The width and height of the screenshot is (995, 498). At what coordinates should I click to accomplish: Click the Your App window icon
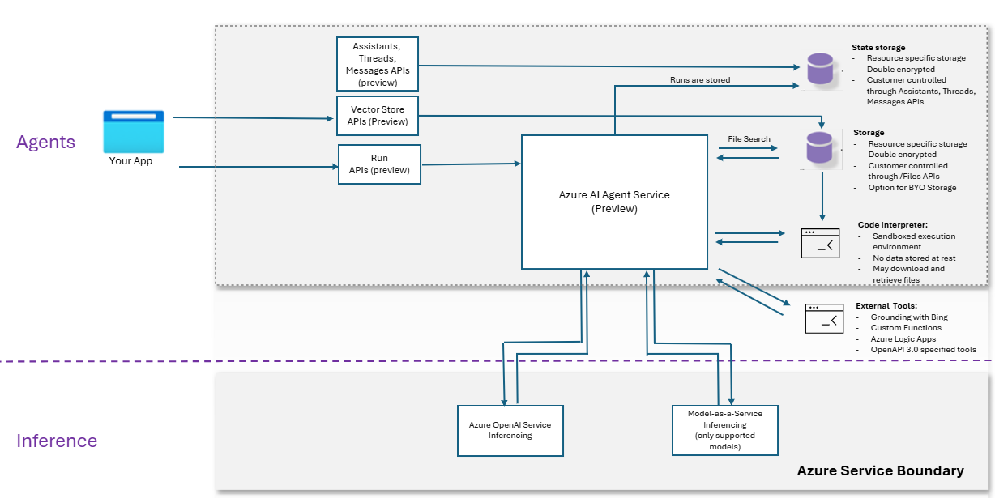click(x=134, y=132)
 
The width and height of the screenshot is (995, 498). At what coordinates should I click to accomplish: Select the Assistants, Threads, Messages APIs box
click(x=378, y=64)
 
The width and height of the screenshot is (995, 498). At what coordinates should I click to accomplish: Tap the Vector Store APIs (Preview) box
click(x=378, y=116)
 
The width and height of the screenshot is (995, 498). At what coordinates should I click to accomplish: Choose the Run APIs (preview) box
click(x=379, y=164)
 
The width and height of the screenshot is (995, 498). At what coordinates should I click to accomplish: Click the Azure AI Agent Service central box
click(x=614, y=202)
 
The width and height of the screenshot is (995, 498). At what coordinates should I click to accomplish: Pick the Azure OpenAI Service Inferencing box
click(x=510, y=430)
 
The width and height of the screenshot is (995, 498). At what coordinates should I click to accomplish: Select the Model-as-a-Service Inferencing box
click(x=724, y=430)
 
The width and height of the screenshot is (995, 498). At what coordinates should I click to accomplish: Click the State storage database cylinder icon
click(x=820, y=69)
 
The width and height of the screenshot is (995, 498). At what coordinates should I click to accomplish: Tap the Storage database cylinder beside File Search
click(x=820, y=148)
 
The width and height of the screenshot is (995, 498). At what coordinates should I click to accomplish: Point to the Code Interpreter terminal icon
click(x=820, y=243)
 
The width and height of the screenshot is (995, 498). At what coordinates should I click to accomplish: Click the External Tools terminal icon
click(x=824, y=318)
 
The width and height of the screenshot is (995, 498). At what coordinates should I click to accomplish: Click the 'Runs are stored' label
click(x=699, y=80)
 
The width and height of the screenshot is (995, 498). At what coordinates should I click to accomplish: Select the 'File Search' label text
click(x=749, y=139)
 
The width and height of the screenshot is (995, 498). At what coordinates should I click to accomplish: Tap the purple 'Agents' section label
click(x=46, y=143)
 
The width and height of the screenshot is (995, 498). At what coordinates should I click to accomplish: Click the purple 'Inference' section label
click(x=57, y=441)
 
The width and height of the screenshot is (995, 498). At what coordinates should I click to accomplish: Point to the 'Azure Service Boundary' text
click(x=880, y=470)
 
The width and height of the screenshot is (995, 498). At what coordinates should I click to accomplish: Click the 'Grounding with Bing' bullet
click(x=909, y=317)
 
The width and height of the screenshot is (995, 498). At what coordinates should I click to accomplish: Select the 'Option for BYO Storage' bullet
click(x=912, y=188)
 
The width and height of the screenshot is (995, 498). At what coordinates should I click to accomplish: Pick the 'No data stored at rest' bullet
click(x=913, y=258)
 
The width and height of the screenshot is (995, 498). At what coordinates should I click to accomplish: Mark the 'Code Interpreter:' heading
click(x=892, y=224)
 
